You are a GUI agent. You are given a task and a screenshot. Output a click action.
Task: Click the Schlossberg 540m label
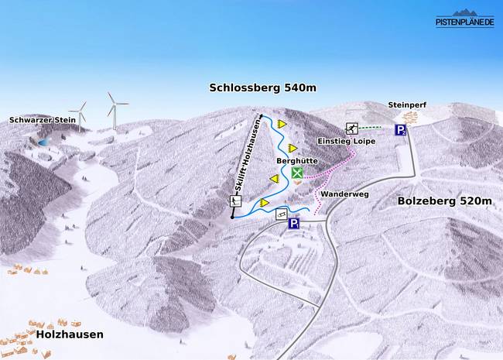[263, 88]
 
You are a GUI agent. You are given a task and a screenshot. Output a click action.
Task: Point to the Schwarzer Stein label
[43, 120]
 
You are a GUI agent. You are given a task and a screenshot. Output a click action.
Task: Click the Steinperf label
[407, 105]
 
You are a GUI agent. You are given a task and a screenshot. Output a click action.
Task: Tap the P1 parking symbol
[295, 224]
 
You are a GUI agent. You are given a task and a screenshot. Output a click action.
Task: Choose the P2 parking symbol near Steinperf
[401, 129]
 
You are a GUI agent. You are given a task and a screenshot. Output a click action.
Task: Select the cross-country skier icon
[352, 129]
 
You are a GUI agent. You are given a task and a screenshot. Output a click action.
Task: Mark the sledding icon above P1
[282, 213]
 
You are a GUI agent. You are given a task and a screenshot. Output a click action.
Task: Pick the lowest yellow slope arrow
[265, 203]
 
